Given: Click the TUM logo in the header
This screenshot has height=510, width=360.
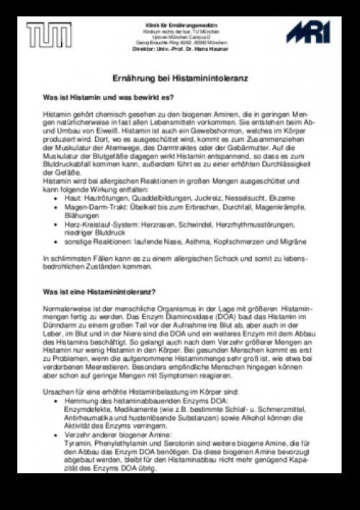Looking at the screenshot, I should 48,35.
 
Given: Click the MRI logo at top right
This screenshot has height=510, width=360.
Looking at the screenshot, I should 308,32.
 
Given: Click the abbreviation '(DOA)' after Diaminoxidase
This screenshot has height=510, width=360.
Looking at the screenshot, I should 238,318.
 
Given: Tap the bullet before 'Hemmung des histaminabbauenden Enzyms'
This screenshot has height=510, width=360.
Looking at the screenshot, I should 57,400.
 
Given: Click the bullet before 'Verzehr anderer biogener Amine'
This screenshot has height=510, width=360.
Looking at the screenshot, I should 57,436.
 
